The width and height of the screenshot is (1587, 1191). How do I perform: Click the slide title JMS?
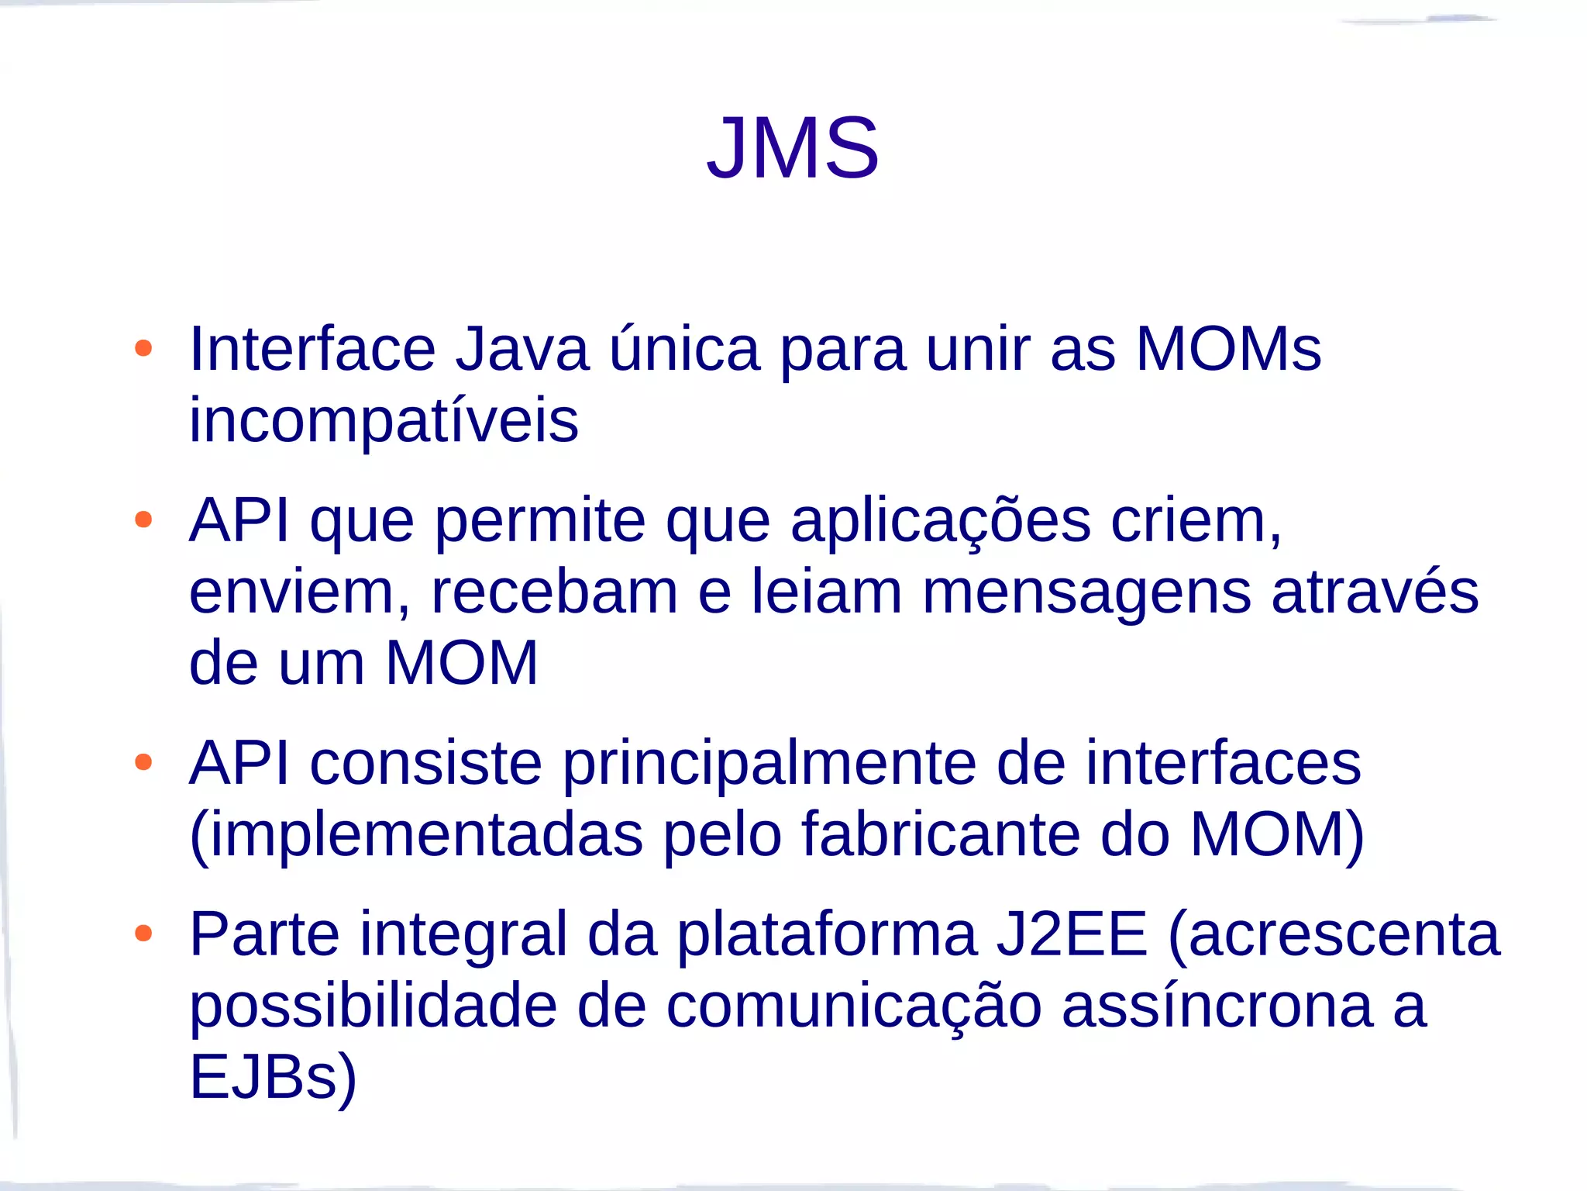[x=793, y=147]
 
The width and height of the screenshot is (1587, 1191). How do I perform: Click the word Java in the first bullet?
[x=522, y=350]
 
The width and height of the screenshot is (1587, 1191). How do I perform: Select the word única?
[x=684, y=350]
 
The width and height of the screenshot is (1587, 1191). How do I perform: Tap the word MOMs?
[x=1228, y=350]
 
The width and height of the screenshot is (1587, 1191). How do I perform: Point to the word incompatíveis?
[x=384, y=421]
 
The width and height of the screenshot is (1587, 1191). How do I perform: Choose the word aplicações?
[x=941, y=521]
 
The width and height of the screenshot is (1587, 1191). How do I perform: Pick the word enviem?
[x=299, y=592]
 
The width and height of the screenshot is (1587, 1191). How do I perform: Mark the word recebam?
[x=554, y=592]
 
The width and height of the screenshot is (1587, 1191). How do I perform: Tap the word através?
[x=1375, y=592]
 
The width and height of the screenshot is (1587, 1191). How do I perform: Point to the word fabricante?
[x=940, y=835]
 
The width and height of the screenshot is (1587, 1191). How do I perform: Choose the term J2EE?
[x=1071, y=934]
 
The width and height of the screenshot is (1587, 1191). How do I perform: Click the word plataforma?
[x=826, y=934]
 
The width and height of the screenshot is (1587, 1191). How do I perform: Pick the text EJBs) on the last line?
[x=273, y=1077]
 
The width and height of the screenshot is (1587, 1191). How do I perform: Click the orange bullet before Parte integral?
[x=143, y=933]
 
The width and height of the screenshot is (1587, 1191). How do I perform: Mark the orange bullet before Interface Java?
[x=143, y=348]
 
